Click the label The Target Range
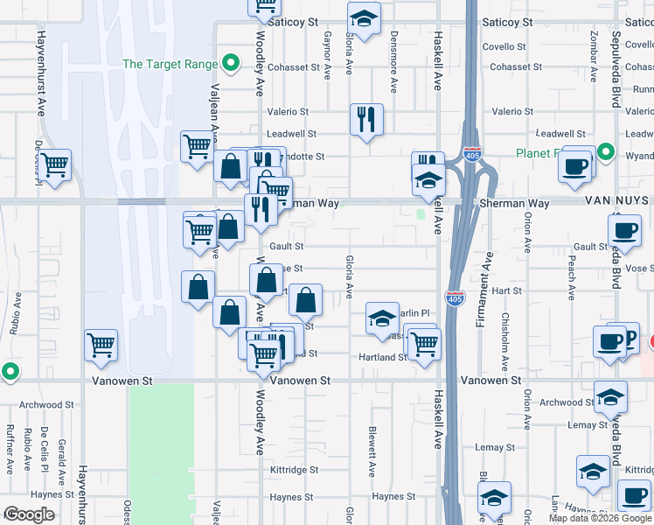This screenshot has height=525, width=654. [x=170, y=64]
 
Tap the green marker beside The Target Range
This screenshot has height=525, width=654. [x=231, y=63]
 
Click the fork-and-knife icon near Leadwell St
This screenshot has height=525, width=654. [x=365, y=119]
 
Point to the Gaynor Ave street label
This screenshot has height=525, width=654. [x=328, y=55]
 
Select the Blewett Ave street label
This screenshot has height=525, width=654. [x=372, y=451]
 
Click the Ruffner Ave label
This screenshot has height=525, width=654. [x=10, y=446]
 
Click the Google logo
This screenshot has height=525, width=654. [x=29, y=514]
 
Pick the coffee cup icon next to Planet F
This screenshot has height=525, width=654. [x=574, y=165]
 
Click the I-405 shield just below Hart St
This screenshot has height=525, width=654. [x=454, y=298]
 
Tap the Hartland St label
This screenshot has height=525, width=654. [x=382, y=357]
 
